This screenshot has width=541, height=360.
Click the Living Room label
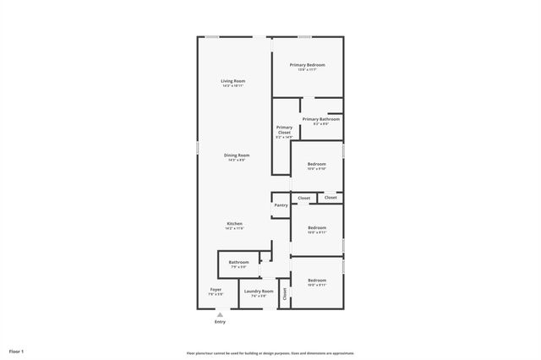(x=233, y=81)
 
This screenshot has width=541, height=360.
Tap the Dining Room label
(x=237, y=155)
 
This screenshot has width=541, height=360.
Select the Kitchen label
(x=234, y=224)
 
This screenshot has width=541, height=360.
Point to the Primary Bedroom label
(x=307, y=65)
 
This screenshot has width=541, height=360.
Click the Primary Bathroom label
(x=321, y=119)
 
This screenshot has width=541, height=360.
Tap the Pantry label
(x=281, y=205)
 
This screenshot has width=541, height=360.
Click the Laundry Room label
(x=260, y=292)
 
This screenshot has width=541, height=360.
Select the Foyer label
(x=216, y=290)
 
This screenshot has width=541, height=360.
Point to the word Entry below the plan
(x=220, y=322)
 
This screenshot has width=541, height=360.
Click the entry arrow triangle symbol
(x=220, y=314)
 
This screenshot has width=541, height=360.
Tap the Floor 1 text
(x=17, y=351)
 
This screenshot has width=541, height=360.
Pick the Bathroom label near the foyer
(x=238, y=262)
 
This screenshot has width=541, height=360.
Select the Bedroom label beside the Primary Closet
(x=317, y=163)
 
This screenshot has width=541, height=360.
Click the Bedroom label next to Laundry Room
(x=317, y=280)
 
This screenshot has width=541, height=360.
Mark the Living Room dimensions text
(x=233, y=86)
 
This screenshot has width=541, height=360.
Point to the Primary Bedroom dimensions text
(x=307, y=70)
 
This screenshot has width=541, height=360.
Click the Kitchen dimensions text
(x=234, y=229)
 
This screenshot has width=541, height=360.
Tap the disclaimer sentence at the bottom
(x=270, y=353)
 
